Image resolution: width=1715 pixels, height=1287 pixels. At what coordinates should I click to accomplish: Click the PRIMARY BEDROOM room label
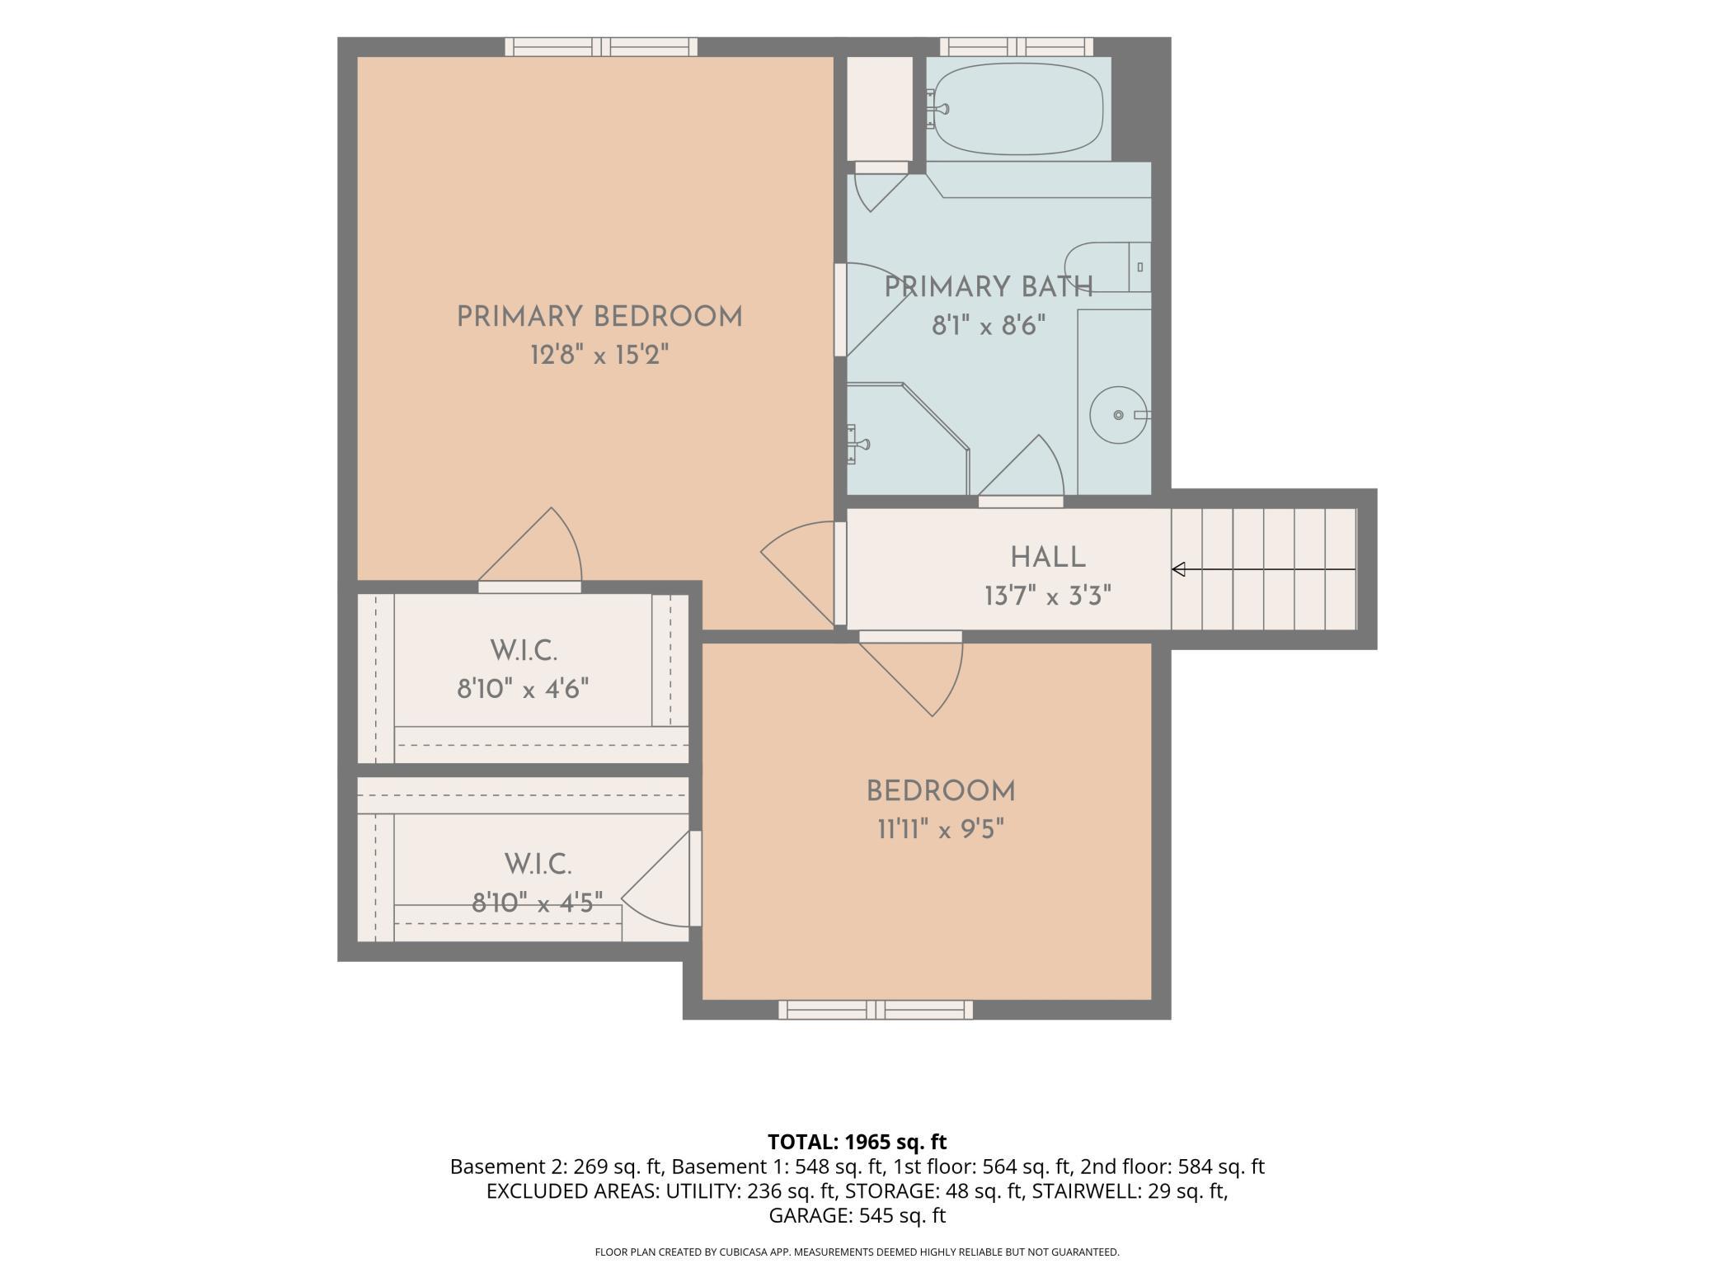coord(599,317)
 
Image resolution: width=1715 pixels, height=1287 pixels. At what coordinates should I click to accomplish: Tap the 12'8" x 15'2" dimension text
coord(599,356)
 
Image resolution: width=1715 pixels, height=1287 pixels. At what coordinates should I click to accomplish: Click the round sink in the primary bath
coord(1120,414)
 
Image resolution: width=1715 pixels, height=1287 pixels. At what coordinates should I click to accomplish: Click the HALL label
coord(1048,558)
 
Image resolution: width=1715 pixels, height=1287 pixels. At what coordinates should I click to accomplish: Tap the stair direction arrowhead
coord(1179,569)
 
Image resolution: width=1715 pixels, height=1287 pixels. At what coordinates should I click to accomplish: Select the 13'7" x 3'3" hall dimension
coord(1048,596)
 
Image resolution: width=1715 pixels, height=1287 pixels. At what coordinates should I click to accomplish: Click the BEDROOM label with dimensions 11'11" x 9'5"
coord(941,791)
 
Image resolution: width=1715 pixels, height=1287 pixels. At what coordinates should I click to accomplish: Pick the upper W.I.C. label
coord(524,651)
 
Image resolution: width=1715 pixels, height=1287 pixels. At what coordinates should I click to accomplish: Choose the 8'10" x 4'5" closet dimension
coord(538,903)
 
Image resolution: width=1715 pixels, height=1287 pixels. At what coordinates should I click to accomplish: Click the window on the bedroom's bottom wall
coord(876,1010)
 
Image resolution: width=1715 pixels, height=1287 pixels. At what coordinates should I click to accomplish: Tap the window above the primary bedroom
coord(601,47)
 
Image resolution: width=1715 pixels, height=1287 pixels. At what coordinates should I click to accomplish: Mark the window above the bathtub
coord(1017,47)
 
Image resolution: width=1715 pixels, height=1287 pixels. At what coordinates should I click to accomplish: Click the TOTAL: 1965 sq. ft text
coord(857,1142)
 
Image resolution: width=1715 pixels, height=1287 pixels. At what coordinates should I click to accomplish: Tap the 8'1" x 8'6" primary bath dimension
coord(989,327)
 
